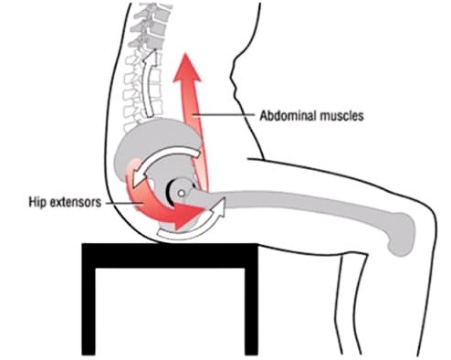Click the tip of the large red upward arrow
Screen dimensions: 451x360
tap(184, 54)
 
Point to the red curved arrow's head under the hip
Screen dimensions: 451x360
tap(189, 215)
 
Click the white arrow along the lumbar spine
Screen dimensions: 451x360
tap(150, 82)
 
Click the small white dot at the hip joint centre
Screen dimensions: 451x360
tap(182, 193)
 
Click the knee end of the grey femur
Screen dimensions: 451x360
tap(402, 235)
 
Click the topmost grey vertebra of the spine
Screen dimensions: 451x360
tap(153, 8)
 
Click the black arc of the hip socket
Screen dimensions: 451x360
tap(168, 192)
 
